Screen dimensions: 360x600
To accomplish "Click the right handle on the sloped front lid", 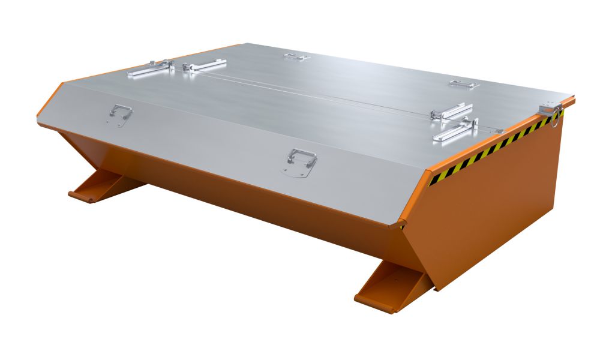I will pos(301,158).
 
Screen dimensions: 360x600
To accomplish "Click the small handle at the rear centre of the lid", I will pos(296,57).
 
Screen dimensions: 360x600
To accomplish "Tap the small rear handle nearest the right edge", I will pos(463,84).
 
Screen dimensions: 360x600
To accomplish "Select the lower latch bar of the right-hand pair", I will pos(456,131).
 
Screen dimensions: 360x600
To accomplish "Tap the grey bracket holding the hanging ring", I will pos(549,108).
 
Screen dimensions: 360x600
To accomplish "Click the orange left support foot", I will pos(102,185).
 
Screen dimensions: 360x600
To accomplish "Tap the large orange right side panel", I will pos(498,210).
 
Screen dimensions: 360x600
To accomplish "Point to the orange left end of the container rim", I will pos(50,103).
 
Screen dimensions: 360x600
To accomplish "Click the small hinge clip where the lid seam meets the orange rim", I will pos(499,131).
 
